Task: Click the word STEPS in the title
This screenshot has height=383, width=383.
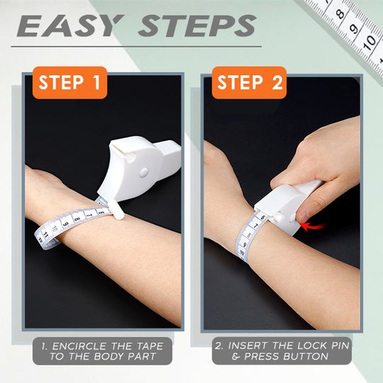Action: click(x=196, y=27)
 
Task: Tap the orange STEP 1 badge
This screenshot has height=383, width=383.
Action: click(x=70, y=82)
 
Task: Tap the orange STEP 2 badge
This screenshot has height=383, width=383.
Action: click(x=249, y=82)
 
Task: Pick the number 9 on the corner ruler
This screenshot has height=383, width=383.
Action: click(x=354, y=28)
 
